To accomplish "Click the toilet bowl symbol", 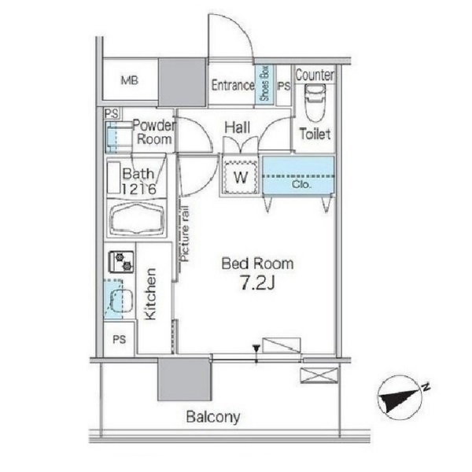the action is point(315,102).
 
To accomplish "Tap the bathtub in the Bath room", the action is point(137,219).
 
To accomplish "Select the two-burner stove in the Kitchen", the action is point(121,262).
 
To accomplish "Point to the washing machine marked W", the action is point(241,177).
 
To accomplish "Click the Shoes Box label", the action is point(264,83).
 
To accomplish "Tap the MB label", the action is point(130,80).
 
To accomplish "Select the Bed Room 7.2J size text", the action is point(257,283).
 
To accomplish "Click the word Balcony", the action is point(213,417).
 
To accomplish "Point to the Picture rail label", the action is point(185,234).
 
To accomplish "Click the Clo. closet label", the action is point(301,184).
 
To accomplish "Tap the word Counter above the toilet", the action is point(315,75).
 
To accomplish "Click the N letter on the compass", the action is point(426,386).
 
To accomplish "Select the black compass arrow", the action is point(399,400).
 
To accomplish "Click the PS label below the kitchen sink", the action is point(120,340).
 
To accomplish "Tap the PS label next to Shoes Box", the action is point(284,87).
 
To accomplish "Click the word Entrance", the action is point(233,85).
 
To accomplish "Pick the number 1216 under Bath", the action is point(139,189).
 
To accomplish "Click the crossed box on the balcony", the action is point(319,375).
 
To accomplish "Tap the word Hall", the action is point(238,127).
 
